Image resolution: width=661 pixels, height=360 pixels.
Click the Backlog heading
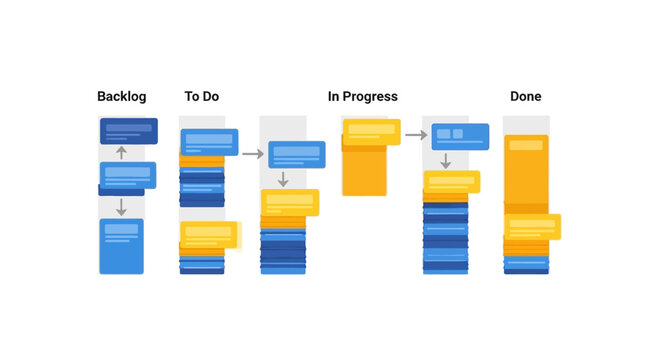[x=122, y=97]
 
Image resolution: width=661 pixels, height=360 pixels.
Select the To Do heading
[x=201, y=97]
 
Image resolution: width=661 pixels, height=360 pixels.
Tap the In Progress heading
[x=362, y=97]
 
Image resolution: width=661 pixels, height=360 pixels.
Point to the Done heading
[x=525, y=97]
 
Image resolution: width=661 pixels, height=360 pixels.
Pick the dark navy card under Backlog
[x=128, y=131]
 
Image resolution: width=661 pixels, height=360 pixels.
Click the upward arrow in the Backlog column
[x=121, y=153]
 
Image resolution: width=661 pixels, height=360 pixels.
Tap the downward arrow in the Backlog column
[x=121, y=207]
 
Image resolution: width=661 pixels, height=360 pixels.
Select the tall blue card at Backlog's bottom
[x=121, y=246]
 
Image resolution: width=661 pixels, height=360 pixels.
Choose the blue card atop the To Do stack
[x=209, y=142]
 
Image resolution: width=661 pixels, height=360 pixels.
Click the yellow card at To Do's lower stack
[x=209, y=234]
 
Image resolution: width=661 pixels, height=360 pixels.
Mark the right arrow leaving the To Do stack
[x=252, y=154]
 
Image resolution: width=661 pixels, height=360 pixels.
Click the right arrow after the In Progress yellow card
[x=415, y=135]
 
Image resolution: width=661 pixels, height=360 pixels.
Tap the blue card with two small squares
[x=460, y=136]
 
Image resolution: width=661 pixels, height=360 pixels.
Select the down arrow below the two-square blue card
[x=446, y=161]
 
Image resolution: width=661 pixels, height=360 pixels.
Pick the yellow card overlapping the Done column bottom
[x=531, y=226]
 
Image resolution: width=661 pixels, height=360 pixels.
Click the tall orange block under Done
[x=526, y=175]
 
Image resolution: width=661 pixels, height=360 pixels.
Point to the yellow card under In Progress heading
[x=371, y=130]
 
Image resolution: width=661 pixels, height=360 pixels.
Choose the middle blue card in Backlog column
[x=127, y=176]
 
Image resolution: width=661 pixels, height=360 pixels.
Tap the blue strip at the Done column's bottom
[x=526, y=266]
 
